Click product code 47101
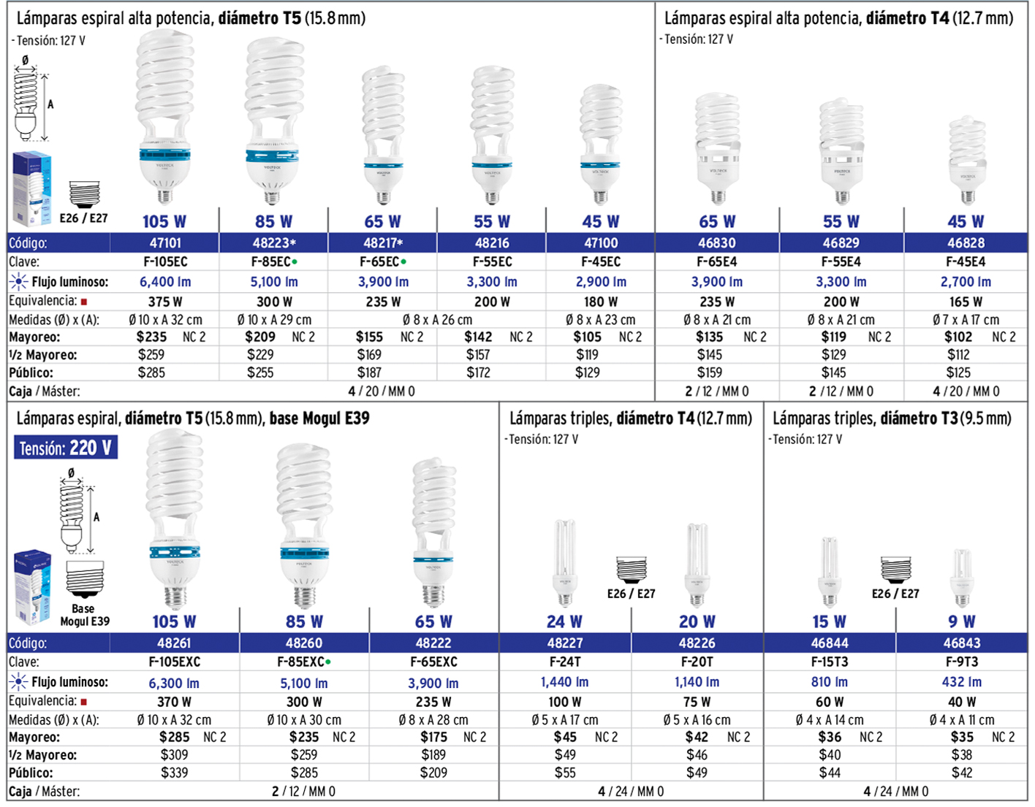(x=165, y=242)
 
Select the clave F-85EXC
(x=300, y=662)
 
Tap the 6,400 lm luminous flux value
(x=165, y=282)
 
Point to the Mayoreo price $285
(x=174, y=737)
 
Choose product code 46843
(x=962, y=643)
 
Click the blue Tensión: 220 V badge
(x=66, y=448)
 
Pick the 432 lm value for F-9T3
(x=962, y=681)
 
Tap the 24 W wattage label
(x=564, y=621)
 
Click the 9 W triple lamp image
(x=962, y=577)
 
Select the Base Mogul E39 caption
(x=84, y=615)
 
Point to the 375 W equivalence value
(x=165, y=302)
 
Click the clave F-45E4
(x=966, y=261)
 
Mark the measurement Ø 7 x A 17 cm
(x=966, y=320)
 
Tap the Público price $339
(x=174, y=773)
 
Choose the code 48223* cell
(x=274, y=242)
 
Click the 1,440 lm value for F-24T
(x=564, y=681)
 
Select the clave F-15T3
(x=830, y=662)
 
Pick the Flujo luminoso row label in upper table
(x=69, y=282)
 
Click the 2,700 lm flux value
(x=966, y=282)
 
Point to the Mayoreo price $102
(x=958, y=337)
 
